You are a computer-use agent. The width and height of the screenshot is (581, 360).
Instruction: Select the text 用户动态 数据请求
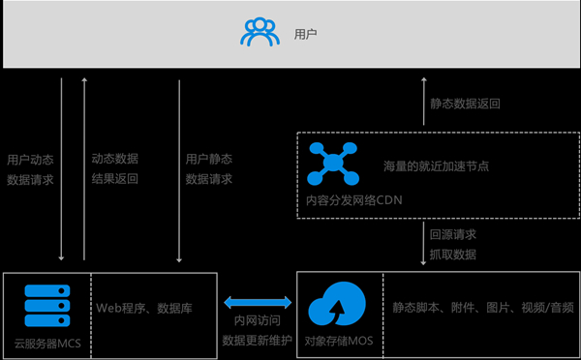click(x=30, y=168)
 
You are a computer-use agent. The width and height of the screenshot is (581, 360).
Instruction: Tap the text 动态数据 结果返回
click(x=115, y=168)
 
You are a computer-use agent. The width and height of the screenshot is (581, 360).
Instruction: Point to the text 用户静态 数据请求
click(x=208, y=168)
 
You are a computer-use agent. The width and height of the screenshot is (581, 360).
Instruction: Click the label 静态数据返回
click(x=465, y=103)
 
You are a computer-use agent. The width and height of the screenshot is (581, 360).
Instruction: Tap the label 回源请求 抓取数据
click(x=452, y=244)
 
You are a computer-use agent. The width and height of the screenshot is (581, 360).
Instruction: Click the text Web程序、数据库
click(x=143, y=309)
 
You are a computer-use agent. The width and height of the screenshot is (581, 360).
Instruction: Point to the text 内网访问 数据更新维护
click(x=256, y=331)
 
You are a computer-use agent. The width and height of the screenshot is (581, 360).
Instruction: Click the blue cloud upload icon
click(x=335, y=309)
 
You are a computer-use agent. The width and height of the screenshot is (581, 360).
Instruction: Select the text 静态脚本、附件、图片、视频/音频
click(x=482, y=309)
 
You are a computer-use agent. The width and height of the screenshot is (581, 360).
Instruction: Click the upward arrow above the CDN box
click(x=422, y=103)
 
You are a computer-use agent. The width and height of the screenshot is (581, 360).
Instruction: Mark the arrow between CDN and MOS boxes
click(x=422, y=244)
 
